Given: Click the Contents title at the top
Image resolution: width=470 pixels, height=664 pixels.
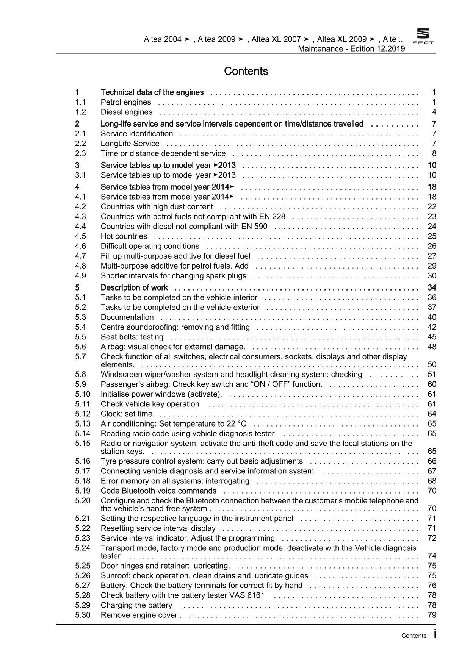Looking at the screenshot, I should [x=246, y=71].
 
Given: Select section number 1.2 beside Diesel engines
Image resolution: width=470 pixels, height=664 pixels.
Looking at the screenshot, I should [x=80, y=112].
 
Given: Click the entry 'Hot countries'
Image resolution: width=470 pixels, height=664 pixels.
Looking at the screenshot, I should [x=124, y=236].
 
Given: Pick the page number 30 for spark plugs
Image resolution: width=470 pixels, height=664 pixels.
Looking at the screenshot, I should [x=432, y=276].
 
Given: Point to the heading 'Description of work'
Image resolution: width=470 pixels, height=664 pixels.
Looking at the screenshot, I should [x=134, y=288].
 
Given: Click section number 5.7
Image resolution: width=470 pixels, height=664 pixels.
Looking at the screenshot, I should [x=80, y=356].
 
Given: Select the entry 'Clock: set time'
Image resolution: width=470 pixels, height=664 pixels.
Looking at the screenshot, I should [x=127, y=414].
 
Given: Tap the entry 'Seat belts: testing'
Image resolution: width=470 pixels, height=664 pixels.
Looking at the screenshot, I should [x=132, y=337].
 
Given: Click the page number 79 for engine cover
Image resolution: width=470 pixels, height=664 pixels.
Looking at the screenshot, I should [x=432, y=615].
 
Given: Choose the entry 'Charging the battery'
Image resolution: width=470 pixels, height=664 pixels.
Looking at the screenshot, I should [x=136, y=605].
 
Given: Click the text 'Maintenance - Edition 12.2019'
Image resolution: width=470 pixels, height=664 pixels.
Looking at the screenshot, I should [x=351, y=48].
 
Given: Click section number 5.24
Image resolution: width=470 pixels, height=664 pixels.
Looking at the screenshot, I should [x=83, y=548].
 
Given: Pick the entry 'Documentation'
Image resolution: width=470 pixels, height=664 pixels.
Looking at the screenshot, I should [x=127, y=317].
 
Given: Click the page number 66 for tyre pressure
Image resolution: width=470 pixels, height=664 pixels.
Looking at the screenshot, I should [x=432, y=461].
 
